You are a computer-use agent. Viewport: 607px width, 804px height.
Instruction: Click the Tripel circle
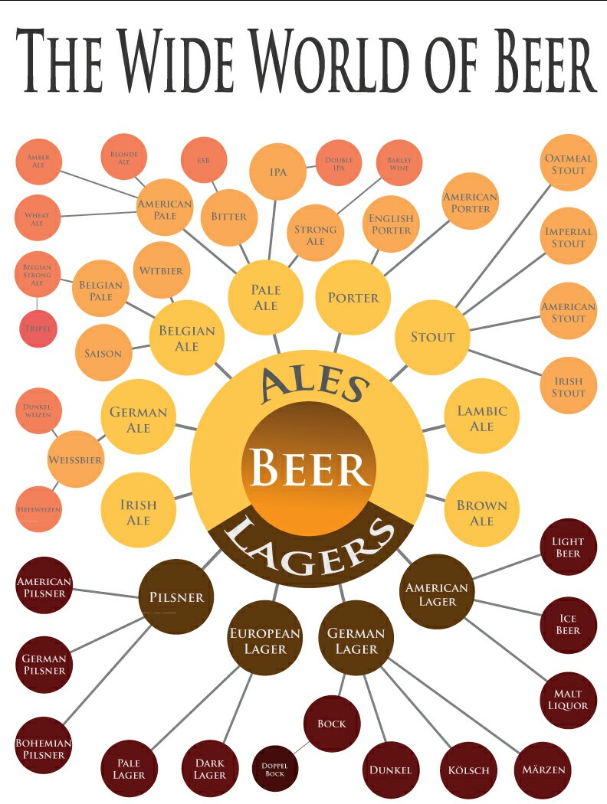(38, 328)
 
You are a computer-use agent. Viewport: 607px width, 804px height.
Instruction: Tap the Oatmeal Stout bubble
(569, 163)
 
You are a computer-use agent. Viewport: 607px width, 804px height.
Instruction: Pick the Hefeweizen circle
(39, 509)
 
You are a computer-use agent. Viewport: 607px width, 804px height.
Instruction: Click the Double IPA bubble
(339, 163)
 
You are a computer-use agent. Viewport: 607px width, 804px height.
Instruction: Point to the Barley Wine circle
(399, 163)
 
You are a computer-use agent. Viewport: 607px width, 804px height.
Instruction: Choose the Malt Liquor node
(569, 699)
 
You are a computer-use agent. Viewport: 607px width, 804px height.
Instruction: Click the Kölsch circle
(468, 770)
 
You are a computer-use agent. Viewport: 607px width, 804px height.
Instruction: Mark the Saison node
(103, 353)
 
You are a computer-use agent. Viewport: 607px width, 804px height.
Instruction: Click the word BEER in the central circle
(308, 468)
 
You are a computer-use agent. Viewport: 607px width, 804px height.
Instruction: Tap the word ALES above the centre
(314, 384)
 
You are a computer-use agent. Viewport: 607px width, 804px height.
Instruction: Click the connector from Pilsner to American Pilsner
(106, 593)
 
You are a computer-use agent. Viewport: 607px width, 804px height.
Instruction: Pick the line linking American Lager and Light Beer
(507, 567)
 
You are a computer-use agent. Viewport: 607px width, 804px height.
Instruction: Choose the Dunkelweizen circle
(39, 410)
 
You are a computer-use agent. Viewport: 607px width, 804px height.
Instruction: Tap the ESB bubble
(204, 160)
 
